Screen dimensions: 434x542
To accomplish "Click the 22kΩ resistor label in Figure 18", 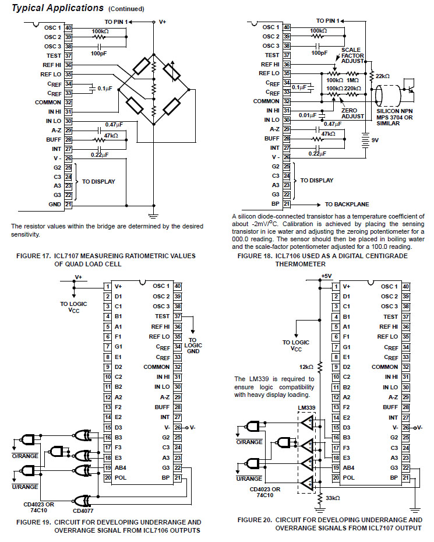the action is click(383, 76).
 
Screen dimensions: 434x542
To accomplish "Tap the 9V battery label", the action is click(375, 140).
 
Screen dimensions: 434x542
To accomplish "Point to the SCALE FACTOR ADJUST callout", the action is click(352, 55).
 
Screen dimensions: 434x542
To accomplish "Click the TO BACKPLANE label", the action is click(347, 205).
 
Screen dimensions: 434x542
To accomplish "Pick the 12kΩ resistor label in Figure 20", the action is click(306, 367).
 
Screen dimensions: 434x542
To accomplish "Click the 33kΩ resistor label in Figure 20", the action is click(333, 498).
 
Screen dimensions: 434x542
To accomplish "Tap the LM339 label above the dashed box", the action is click(306, 407).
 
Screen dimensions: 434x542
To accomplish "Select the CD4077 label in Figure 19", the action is click(83, 511).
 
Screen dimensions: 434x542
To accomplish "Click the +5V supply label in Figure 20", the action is click(326, 276).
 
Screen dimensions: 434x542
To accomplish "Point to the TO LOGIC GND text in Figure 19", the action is click(193, 346).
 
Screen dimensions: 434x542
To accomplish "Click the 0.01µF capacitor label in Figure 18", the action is click(308, 115).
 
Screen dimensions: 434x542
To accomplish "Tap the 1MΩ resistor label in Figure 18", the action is click(352, 80).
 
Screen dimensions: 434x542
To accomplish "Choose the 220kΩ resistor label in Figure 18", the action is click(352, 89).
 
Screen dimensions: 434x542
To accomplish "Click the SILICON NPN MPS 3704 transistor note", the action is click(394, 117).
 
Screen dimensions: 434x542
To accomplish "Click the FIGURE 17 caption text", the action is click(106, 260).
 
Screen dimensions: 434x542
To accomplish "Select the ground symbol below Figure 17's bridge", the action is click(154, 216).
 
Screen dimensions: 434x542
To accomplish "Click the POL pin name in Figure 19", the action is click(121, 478).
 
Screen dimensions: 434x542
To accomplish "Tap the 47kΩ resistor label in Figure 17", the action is click(111, 135).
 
